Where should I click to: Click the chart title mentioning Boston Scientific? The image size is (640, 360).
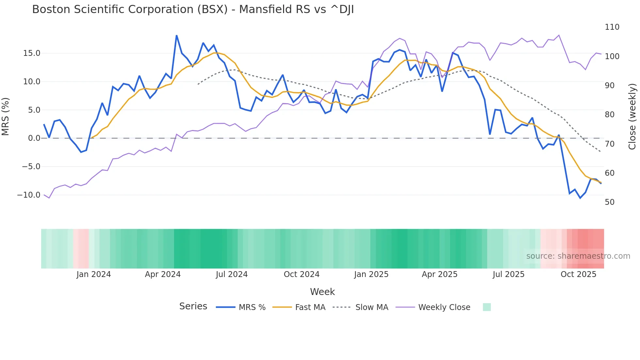point(193,9)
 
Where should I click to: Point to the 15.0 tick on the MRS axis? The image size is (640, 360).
point(32,53)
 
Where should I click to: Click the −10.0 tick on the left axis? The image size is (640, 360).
point(29,195)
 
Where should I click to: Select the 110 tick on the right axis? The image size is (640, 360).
point(612,27)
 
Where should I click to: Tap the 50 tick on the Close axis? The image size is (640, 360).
point(610,202)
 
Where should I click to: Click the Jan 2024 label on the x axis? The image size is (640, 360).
point(94,274)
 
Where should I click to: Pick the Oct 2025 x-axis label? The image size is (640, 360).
point(578,274)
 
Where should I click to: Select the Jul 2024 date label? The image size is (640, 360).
point(232,274)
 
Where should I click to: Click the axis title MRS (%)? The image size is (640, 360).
point(6,117)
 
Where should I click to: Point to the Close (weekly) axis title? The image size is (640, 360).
point(632,117)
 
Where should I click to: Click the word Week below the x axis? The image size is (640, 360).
point(322,292)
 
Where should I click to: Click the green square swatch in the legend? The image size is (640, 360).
point(487,307)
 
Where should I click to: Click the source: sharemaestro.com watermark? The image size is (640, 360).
point(578,256)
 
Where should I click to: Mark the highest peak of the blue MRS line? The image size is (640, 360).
point(177,36)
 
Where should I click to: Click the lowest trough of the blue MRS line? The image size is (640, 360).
point(580,198)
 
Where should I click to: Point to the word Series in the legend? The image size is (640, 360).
point(193,306)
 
